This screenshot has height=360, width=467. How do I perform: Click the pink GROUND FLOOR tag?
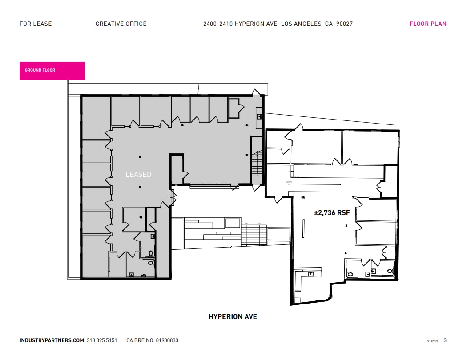tap(52, 71)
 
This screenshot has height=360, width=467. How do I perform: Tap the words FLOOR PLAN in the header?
tap(427, 24)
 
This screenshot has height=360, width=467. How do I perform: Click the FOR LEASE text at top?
tap(36, 24)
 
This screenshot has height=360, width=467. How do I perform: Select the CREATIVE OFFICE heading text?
tap(121, 24)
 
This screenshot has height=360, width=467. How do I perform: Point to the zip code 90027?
tap(345, 24)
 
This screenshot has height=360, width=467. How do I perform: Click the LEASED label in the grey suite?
tap(138, 175)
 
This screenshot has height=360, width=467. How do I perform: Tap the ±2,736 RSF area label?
tap(332, 213)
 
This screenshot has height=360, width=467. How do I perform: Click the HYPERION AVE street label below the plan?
tap(233, 317)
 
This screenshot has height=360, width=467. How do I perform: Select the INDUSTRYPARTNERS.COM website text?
tap(52, 340)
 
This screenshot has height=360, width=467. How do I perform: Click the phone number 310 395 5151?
tap(102, 340)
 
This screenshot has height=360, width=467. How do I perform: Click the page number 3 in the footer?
tap(445, 340)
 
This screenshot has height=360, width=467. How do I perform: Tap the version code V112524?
tap(433, 341)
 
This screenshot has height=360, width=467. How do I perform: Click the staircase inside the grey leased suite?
tap(257, 164)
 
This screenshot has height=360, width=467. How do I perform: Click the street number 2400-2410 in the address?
tap(217, 24)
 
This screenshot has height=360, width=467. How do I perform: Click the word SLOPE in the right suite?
tap(289, 182)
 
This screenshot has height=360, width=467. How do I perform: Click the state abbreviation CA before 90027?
tap(329, 24)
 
